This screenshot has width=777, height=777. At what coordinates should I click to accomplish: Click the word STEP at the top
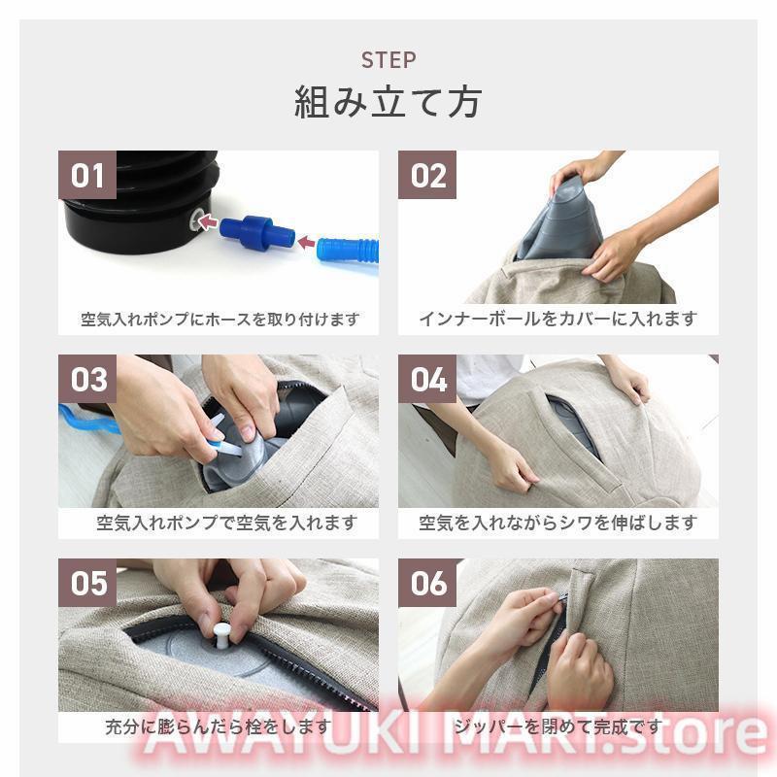tap(388, 60)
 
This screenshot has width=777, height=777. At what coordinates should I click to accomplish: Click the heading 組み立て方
tap(388, 103)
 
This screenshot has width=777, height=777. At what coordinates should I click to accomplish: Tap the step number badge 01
tap(87, 175)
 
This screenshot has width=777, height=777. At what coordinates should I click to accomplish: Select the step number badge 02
tap(427, 175)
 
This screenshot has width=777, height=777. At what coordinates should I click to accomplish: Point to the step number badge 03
tap(87, 379)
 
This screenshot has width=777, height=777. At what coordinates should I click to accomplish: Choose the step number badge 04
tap(427, 379)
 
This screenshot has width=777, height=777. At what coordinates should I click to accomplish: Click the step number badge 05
tap(87, 583)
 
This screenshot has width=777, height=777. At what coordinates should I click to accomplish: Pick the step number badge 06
tap(427, 583)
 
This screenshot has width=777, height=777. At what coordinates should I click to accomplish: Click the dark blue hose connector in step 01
tap(256, 232)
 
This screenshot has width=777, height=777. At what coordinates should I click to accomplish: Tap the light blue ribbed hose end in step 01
tap(348, 251)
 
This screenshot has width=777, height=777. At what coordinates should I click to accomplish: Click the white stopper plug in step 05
tap(221, 636)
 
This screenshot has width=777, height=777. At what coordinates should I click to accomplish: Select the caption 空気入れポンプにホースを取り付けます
tap(220, 320)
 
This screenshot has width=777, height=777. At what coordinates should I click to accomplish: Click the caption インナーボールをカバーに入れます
tap(557, 320)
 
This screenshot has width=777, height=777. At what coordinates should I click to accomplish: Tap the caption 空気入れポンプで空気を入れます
tap(227, 523)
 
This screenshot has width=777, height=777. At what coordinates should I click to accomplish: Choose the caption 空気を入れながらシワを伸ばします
tap(557, 523)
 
